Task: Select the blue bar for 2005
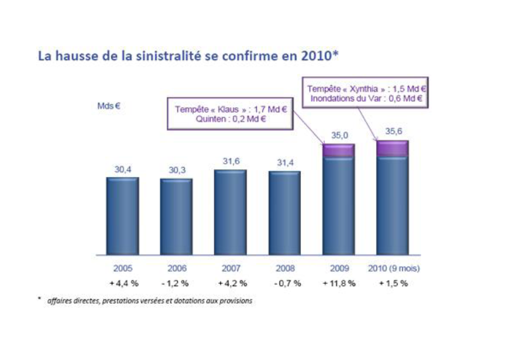coord(122,216)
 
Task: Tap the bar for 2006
coord(176,217)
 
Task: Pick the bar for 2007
coord(230,212)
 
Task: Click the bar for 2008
coord(284,214)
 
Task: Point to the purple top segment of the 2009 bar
coord(339,151)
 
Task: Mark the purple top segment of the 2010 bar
coord(393,148)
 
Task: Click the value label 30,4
coord(122,170)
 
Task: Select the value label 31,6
coord(230,162)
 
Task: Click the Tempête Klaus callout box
coord(230,114)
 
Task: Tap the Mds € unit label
coord(109,106)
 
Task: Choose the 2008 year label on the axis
coord(284,269)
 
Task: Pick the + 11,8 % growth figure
coord(339,283)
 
